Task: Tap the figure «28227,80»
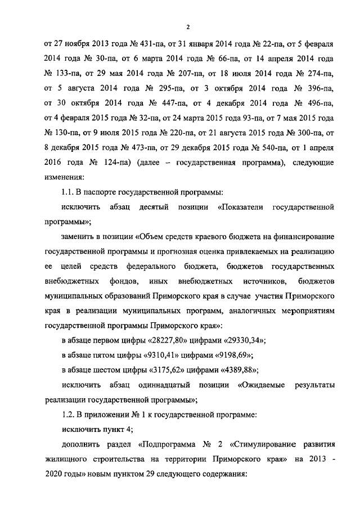tap(176, 340)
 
